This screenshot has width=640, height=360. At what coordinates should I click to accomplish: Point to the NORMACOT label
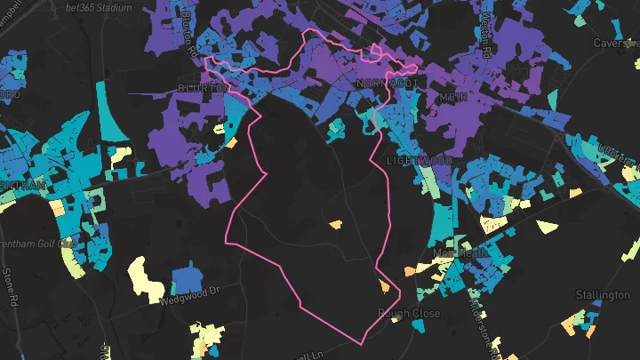pos(385,83)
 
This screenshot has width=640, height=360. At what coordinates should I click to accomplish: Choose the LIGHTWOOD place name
pos(420,160)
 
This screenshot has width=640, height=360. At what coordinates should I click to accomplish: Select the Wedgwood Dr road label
pos(189,299)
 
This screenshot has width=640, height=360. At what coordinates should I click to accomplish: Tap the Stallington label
pos(603,294)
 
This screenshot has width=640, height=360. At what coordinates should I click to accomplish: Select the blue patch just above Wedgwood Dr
pos(184,277)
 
